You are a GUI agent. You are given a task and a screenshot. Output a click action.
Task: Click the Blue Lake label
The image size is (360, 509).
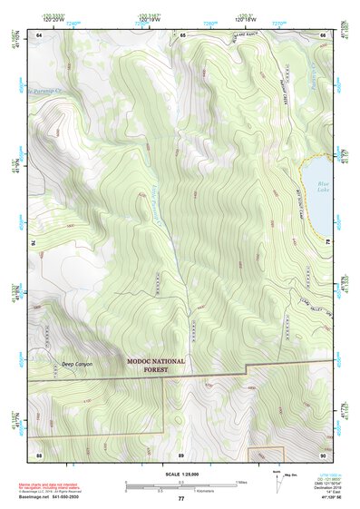(x=322, y=188)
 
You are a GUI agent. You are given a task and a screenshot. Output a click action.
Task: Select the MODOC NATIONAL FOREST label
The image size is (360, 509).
(x=155, y=365)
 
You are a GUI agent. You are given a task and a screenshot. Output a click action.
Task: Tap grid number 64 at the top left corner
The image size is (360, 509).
(x=39, y=34)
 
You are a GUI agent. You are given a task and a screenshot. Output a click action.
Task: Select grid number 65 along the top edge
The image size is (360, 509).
(x=181, y=34)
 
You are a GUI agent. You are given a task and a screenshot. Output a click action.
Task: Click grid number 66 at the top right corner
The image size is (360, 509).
(x=323, y=34)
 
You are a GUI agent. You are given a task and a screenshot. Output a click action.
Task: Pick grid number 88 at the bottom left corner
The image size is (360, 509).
(x=39, y=454)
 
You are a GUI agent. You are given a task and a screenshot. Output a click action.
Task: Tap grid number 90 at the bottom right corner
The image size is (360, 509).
(x=323, y=454)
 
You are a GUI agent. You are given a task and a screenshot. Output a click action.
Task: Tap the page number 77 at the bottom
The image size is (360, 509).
(x=180, y=499)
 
